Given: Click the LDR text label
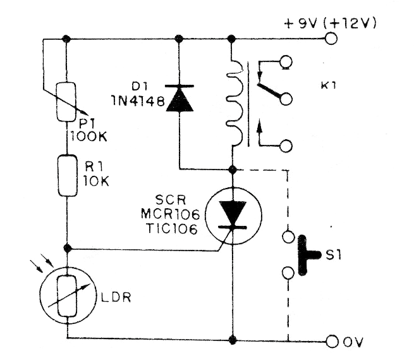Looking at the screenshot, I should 117,297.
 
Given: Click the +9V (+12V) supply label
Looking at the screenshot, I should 331,24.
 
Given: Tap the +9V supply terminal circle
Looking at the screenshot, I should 331,39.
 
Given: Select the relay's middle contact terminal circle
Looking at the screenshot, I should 286,99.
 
